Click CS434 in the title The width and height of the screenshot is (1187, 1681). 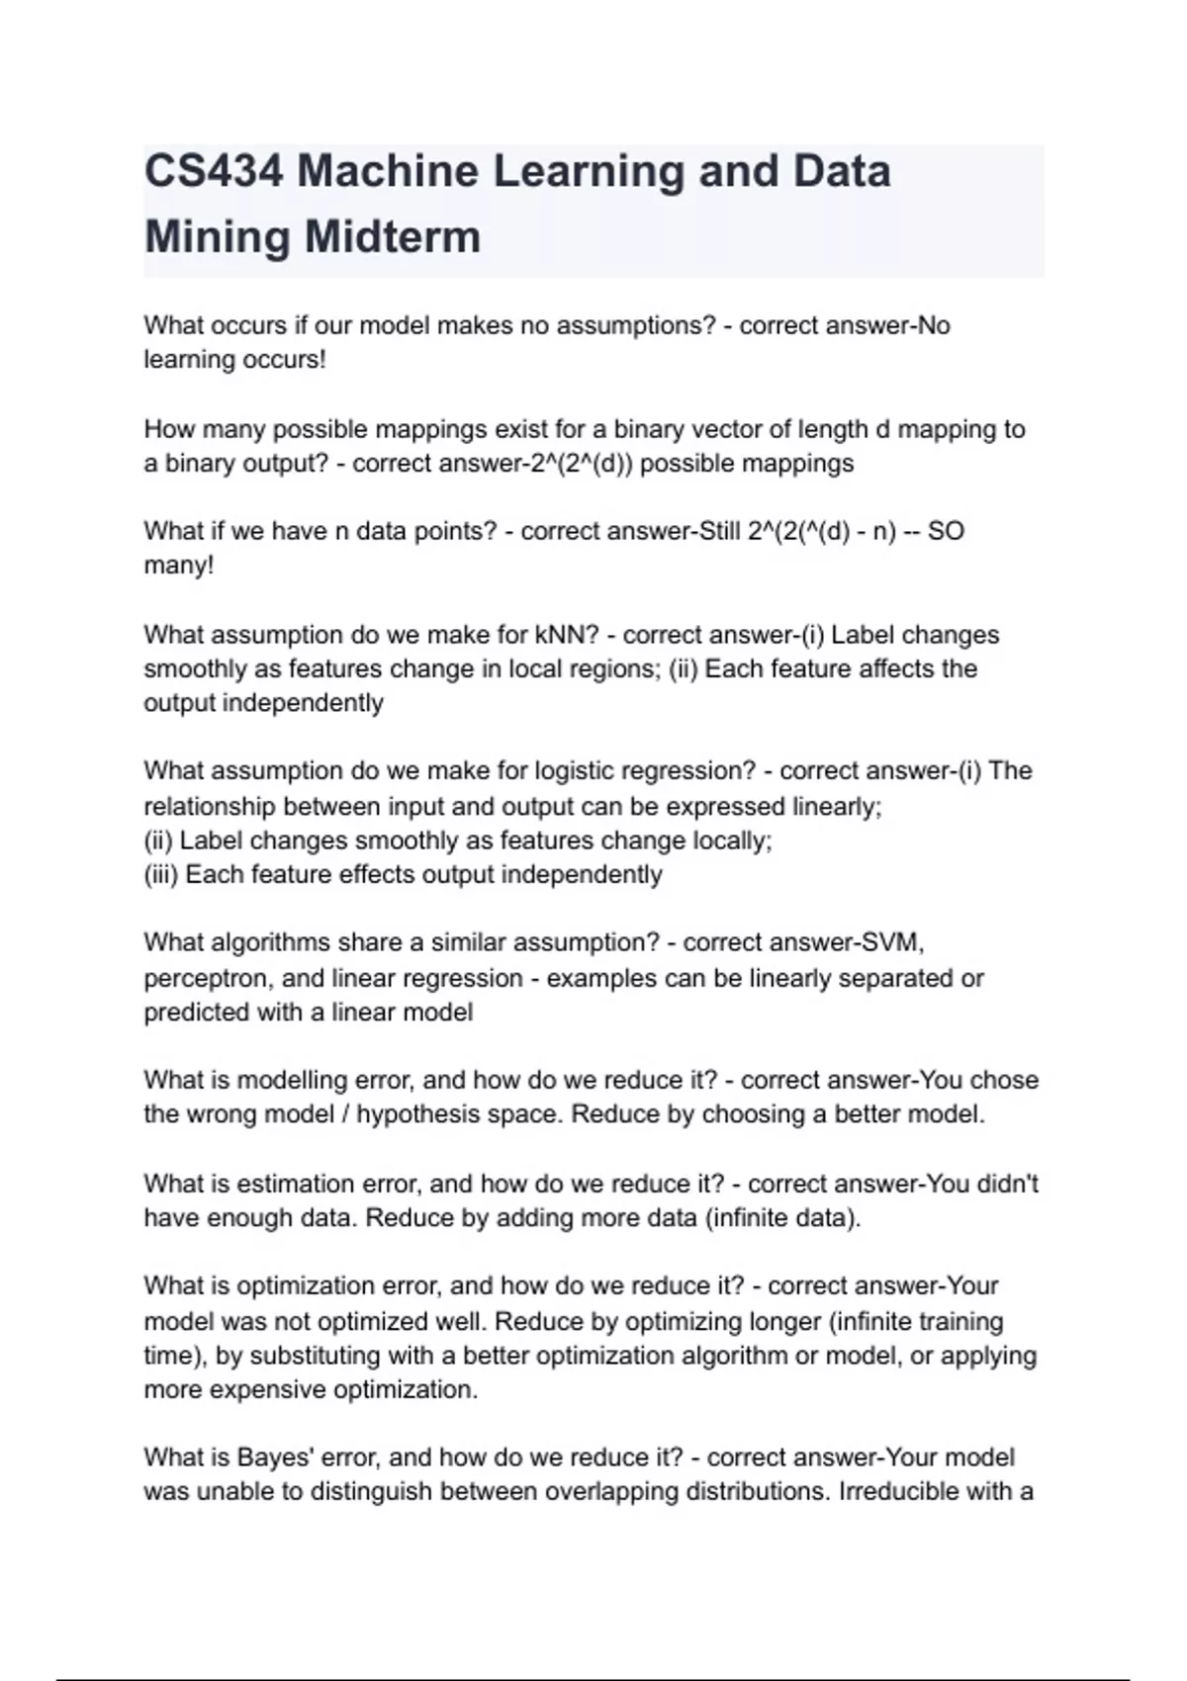(213, 171)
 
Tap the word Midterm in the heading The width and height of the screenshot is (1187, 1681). (393, 237)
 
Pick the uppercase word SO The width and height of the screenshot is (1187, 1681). (946, 531)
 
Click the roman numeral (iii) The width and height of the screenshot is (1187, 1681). (161, 875)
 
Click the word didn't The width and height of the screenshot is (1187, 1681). (1008, 1184)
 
